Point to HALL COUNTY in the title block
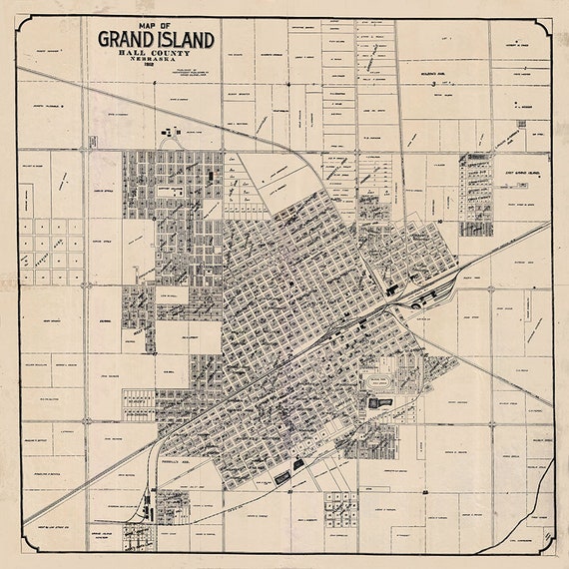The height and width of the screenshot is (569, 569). [x=155, y=56]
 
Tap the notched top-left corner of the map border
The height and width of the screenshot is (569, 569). [x=23, y=22]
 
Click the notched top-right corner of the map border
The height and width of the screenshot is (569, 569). [x=546, y=22]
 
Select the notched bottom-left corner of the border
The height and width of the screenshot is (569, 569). [x=23, y=546]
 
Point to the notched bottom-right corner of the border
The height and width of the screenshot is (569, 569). [x=546, y=546]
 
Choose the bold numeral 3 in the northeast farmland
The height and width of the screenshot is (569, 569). [x=431, y=85]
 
